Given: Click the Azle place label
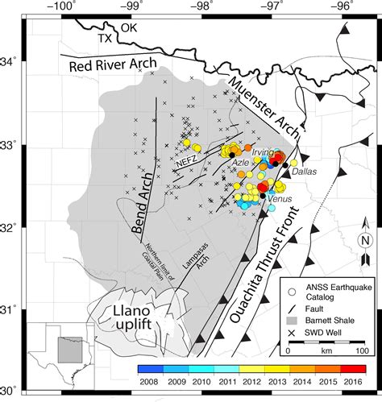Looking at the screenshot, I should pos(240,162).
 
